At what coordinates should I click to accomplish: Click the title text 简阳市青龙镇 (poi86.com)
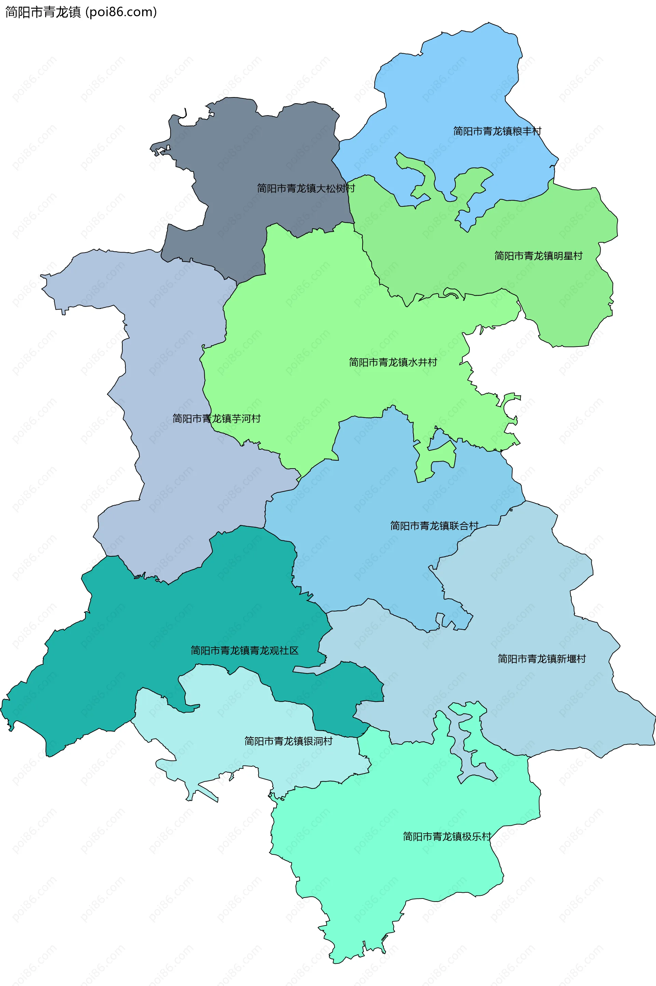point(81,12)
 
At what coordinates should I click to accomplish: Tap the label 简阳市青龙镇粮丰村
point(497,131)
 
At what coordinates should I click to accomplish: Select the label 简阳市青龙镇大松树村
point(306,188)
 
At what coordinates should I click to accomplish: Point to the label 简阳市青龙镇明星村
point(538,256)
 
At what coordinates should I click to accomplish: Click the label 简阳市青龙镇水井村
point(393,362)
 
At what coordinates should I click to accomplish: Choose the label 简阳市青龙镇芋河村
point(217,419)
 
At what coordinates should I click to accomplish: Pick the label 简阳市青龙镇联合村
point(434,526)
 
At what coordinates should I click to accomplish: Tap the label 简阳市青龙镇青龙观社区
point(245,650)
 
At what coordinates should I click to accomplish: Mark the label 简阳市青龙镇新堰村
point(542,659)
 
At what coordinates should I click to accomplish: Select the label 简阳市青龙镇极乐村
point(447,836)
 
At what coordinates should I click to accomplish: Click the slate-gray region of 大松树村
point(259,151)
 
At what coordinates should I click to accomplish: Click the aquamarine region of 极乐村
point(397,879)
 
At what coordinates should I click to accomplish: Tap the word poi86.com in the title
point(121,12)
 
